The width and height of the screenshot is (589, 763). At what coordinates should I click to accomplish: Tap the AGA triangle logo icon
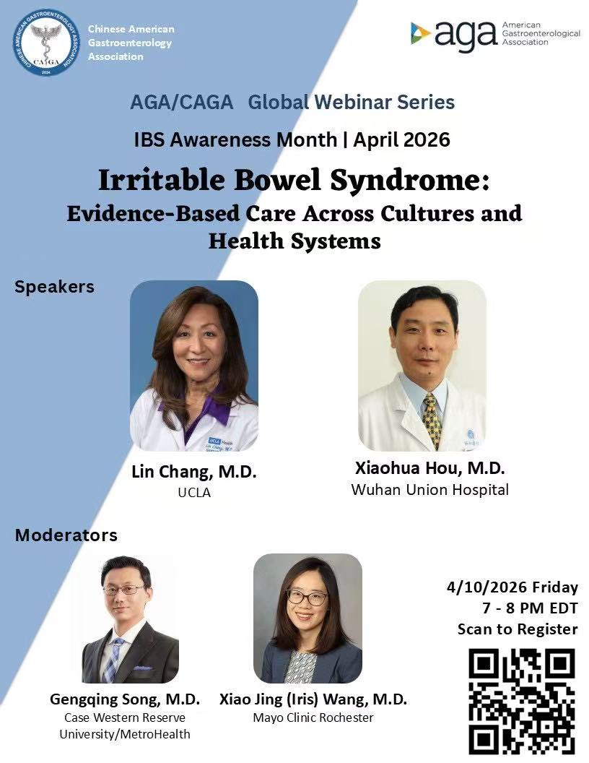pyautogui.click(x=421, y=33)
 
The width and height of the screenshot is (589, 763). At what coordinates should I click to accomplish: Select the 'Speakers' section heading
pyautogui.click(x=54, y=286)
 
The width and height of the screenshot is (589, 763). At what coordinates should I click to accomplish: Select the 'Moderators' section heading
pyautogui.click(x=66, y=535)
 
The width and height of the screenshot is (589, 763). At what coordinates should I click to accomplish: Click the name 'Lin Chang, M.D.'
pyautogui.click(x=193, y=473)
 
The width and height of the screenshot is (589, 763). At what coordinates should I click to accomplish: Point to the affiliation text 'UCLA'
pyautogui.click(x=193, y=493)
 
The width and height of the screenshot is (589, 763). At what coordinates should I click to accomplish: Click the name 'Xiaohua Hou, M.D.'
pyautogui.click(x=429, y=469)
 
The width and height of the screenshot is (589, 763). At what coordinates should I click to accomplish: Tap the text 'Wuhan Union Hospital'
pyautogui.click(x=429, y=490)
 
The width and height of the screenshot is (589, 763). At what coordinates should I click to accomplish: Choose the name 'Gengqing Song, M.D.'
pyautogui.click(x=125, y=699)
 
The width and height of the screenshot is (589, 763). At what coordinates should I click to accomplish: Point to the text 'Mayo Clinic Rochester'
pyautogui.click(x=313, y=717)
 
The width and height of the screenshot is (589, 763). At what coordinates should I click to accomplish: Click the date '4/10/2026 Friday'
pyautogui.click(x=512, y=587)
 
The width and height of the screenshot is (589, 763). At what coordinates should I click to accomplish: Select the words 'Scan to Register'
pyautogui.click(x=518, y=629)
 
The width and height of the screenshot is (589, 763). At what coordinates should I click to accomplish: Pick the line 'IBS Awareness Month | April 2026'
pyautogui.click(x=292, y=139)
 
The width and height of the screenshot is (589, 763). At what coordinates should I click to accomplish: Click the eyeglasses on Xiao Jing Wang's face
pyautogui.click(x=307, y=597)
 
